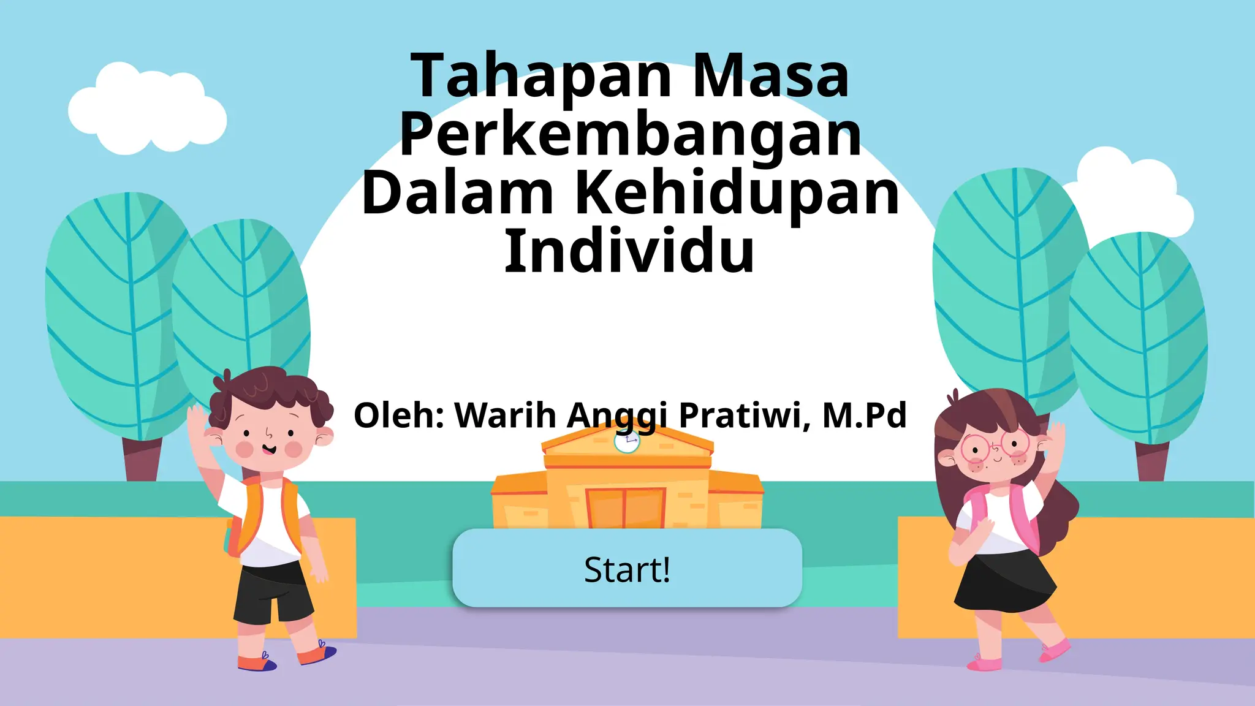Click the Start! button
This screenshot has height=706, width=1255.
(x=627, y=569)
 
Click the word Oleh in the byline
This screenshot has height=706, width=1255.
(x=398, y=416)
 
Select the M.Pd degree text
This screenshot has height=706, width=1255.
(x=864, y=416)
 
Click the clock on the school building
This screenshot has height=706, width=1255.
(x=626, y=441)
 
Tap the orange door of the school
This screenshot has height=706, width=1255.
(x=626, y=507)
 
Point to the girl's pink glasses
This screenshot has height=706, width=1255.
(x=993, y=446)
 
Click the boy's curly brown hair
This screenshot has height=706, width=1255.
(x=270, y=392)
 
